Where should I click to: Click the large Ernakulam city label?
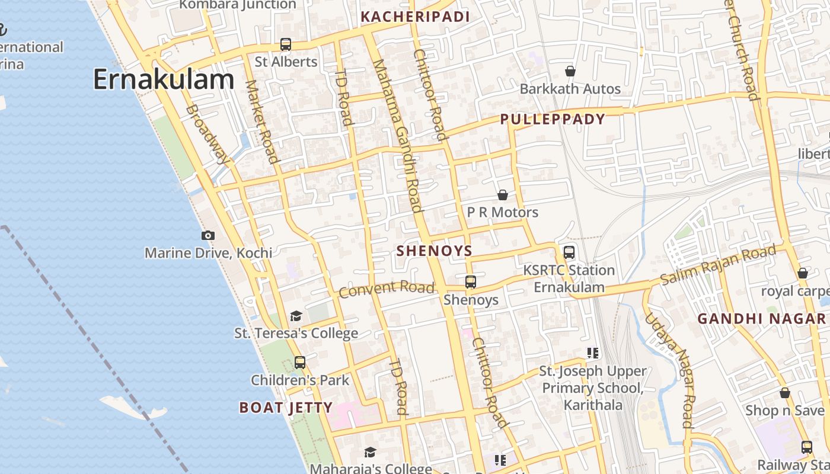(164, 80)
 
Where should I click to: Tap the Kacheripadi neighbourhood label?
(415, 17)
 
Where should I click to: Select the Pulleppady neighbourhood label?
(553, 119)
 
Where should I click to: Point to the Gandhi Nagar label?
(761, 319)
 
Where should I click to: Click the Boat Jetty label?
(286, 408)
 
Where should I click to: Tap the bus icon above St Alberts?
(286, 44)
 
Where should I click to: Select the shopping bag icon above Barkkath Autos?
(570, 71)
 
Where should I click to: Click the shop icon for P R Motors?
(503, 195)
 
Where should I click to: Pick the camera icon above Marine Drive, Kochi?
(208, 235)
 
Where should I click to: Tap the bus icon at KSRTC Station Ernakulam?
(569, 252)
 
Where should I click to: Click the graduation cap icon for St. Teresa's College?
(296, 316)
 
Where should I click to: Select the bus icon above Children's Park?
(300, 363)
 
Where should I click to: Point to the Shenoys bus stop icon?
(471, 282)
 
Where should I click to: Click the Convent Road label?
(387, 289)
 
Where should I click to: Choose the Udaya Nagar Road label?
(669, 370)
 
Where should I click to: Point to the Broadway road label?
(207, 134)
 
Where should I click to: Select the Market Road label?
(261, 121)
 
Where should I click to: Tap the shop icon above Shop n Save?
(785, 393)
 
